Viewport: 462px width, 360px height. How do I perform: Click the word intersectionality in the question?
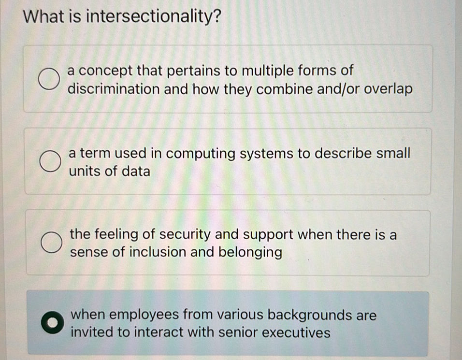tap(154, 18)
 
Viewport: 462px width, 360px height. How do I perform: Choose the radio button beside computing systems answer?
tap(50, 162)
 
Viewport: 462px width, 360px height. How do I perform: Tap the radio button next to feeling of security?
tap(51, 243)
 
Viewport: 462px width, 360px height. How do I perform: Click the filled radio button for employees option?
tap(51, 323)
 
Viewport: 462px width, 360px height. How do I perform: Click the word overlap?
tap(389, 90)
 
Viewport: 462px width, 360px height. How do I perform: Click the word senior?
tap(241, 333)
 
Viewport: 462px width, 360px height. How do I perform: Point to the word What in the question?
tap(44, 18)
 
